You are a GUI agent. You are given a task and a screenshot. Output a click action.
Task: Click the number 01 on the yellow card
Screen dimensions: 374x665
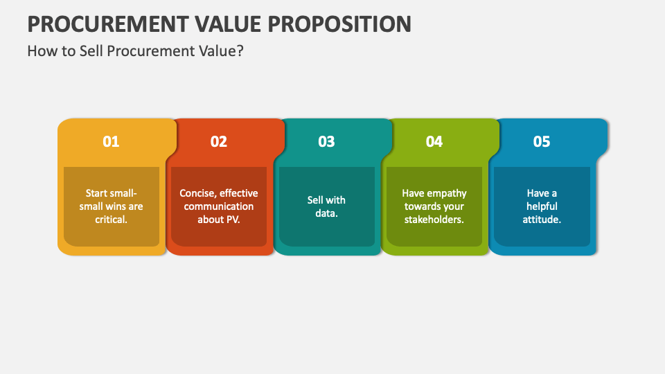[111, 141]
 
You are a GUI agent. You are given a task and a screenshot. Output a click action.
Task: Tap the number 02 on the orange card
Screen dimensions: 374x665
[219, 141]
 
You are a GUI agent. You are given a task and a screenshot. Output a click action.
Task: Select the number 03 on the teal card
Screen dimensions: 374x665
[326, 141]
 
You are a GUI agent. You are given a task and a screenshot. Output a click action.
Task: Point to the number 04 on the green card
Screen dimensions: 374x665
[434, 141]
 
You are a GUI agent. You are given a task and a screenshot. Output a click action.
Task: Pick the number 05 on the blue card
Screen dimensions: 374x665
[542, 141]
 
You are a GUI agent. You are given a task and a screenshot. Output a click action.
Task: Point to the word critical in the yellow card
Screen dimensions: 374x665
[110, 220]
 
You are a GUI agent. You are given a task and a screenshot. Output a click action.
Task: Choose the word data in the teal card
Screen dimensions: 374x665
[326, 213]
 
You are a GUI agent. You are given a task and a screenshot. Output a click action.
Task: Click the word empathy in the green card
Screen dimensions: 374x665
[447, 193]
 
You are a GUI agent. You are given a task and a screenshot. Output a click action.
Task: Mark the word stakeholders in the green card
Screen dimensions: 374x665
[434, 220]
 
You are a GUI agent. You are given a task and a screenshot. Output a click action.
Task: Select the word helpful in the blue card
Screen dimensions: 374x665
[542, 206]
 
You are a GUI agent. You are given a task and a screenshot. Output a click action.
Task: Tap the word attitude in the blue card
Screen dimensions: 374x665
[542, 220]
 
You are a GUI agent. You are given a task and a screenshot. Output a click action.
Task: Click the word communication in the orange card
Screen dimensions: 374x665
[219, 206]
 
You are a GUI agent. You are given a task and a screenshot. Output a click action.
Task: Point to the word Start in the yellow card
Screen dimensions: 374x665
[98, 193]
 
